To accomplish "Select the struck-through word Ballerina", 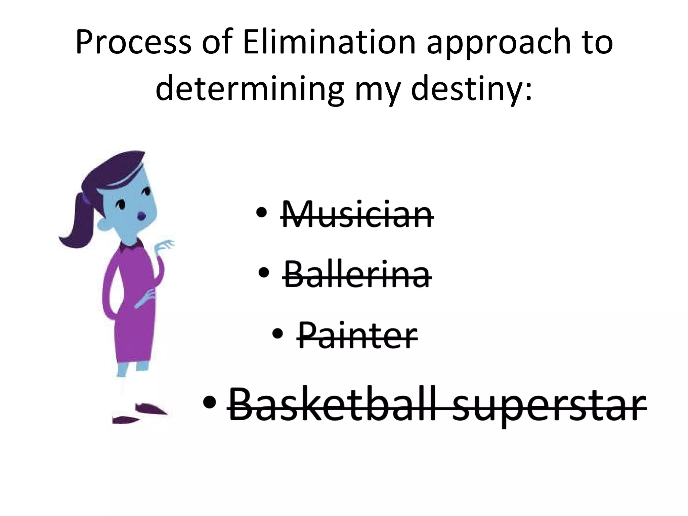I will coord(357,275).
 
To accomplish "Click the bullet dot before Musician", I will coord(261,213).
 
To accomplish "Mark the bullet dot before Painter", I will coord(278,334).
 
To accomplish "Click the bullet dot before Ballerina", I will coord(264,272).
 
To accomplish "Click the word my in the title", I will coord(377,91).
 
